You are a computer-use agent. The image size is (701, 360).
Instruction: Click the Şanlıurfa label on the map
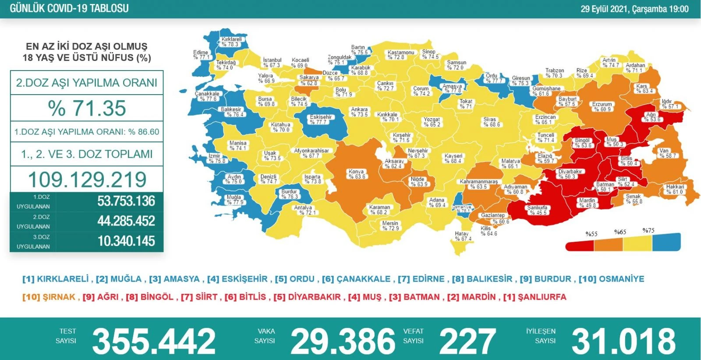click(538, 210)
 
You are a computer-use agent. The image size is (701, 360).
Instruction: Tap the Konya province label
click(357, 174)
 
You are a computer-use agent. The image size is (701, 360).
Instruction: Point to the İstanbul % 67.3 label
click(272, 63)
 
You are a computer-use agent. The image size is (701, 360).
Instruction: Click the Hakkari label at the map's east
click(675, 189)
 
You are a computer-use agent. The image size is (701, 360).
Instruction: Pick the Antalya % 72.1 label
click(303, 210)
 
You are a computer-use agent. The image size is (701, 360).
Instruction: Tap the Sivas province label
click(490, 122)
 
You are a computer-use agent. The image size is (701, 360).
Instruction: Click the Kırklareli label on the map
click(231, 42)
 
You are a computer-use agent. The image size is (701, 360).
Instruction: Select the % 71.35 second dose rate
click(87, 108)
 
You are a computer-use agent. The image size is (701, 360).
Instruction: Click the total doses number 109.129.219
click(87, 180)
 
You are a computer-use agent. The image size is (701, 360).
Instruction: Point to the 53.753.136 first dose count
click(126, 201)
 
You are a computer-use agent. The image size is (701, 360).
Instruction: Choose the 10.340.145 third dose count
click(126, 241)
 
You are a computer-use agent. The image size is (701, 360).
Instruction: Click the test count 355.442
click(154, 341)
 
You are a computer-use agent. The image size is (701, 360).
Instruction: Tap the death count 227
click(467, 341)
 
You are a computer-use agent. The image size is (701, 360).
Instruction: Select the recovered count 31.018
click(623, 341)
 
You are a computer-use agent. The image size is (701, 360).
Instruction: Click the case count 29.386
click(343, 341)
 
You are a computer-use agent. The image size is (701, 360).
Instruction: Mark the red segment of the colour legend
click(580, 245)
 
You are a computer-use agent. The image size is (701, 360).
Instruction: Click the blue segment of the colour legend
click(666, 242)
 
